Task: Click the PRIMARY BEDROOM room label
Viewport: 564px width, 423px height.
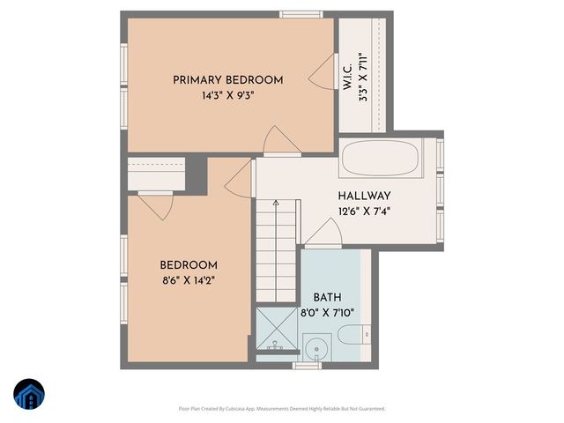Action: [x=227, y=80]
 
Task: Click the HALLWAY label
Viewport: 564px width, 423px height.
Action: [x=364, y=196]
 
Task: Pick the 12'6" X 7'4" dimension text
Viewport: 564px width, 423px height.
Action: [x=364, y=211]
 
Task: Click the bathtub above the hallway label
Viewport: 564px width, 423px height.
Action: [x=383, y=159]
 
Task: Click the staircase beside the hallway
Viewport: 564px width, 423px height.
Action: [x=275, y=256]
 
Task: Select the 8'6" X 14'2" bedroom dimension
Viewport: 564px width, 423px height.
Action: [x=188, y=280]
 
